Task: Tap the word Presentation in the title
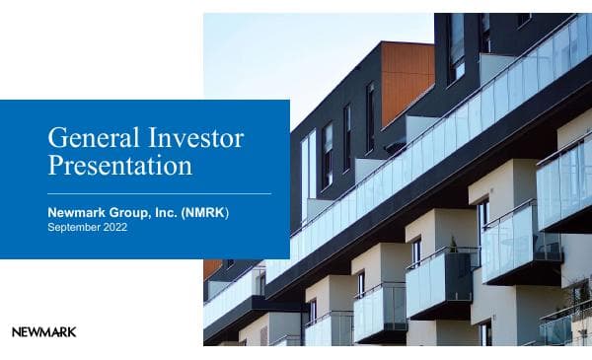[119, 165]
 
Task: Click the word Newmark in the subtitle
[79, 212]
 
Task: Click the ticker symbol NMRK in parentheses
[205, 212]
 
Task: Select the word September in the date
[74, 228]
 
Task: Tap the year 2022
[114, 228]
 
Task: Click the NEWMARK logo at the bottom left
[43, 332]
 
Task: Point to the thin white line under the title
[159, 193]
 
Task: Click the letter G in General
[56, 137]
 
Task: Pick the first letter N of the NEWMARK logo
[16, 332]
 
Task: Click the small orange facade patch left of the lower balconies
[212, 268]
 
